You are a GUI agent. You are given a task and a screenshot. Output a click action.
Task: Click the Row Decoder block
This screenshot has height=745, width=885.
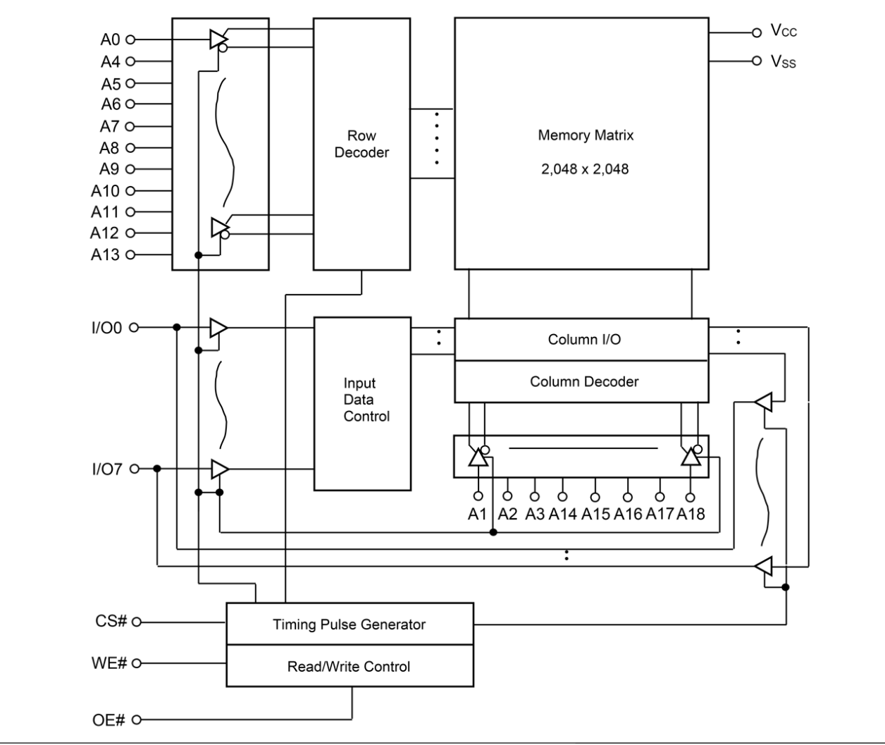[361, 144]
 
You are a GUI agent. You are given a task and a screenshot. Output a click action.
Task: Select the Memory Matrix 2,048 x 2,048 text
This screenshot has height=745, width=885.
[585, 152]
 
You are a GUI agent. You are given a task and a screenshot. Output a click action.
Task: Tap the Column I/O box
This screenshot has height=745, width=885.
[584, 340]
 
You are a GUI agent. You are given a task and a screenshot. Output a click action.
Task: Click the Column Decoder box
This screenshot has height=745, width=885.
[584, 382]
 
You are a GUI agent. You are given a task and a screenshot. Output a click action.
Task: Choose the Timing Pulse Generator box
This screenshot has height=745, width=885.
[349, 624]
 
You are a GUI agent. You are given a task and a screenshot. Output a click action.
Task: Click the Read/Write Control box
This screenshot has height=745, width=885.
[349, 667]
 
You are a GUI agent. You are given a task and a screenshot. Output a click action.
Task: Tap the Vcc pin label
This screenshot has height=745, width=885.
[783, 30]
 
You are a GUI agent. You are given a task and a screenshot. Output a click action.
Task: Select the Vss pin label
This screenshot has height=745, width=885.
[783, 62]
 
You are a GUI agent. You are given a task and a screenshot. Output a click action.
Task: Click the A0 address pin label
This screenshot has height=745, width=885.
[111, 40]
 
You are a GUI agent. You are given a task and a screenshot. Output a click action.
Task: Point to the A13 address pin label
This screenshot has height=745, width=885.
[106, 254]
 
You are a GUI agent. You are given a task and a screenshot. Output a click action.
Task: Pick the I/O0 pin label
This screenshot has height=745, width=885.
[106, 327]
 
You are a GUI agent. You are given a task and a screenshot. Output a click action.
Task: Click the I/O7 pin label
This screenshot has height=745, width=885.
[106, 469]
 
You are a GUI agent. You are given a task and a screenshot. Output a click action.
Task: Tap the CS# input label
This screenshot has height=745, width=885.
[111, 622]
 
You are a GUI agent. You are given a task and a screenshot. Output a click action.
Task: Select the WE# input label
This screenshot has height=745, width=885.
[109, 664]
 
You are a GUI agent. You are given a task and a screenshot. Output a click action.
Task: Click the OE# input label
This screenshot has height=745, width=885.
[109, 720]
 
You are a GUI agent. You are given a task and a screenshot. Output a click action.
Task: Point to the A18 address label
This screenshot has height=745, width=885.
[691, 515]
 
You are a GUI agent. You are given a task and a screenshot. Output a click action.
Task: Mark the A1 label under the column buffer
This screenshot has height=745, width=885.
[478, 515]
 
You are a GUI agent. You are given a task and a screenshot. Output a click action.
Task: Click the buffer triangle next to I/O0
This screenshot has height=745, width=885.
[218, 328]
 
